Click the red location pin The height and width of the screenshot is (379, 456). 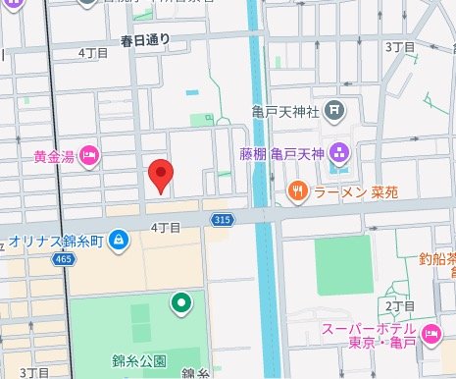coord(162,175)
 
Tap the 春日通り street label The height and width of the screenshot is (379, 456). coord(152,40)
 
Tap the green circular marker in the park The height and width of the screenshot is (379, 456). coord(180,304)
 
